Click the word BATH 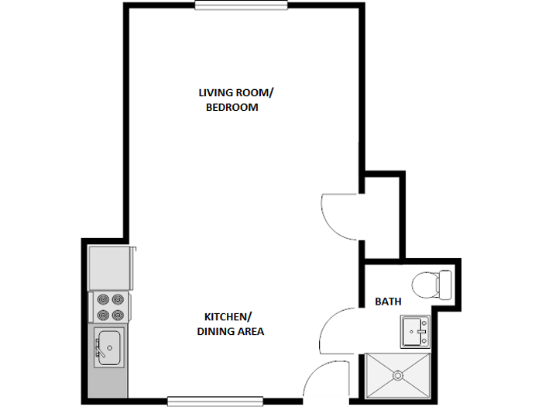[388, 301]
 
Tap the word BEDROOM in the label [232, 108]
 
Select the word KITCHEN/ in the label [228, 316]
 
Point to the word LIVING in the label [214, 92]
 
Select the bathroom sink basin [413, 332]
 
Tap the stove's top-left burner [101, 298]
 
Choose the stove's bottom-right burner [118, 315]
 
